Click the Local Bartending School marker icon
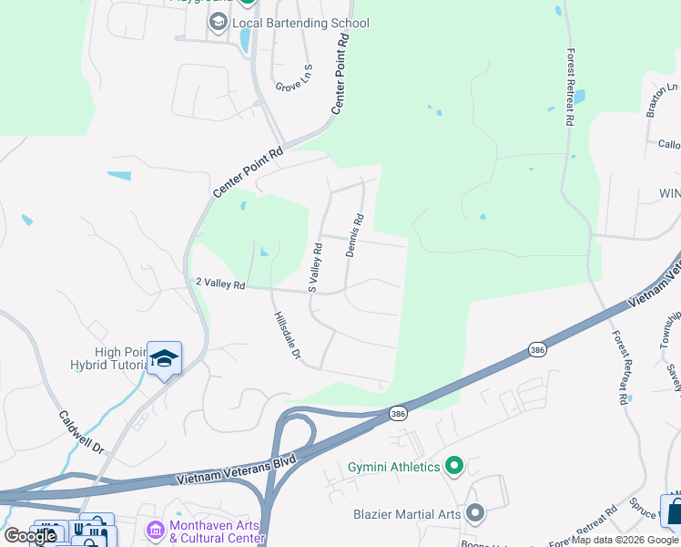tap(219, 22)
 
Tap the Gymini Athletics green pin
tap(454, 468)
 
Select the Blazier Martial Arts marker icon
tap(474, 514)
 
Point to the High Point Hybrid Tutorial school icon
tap(164, 357)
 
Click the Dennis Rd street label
tap(354, 235)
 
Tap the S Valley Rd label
tap(315, 266)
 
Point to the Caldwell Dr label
tap(83, 432)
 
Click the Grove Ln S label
tap(296, 79)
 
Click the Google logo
tap(30, 536)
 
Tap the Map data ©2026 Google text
tap(625, 541)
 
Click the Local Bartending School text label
tap(301, 23)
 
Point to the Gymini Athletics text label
tap(394, 468)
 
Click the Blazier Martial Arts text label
tap(407, 514)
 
